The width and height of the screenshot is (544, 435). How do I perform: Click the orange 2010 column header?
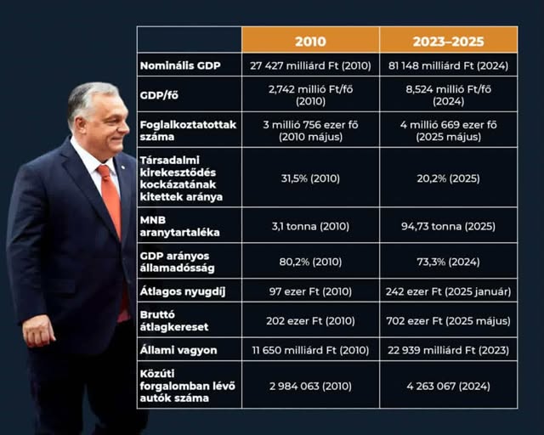click(310, 41)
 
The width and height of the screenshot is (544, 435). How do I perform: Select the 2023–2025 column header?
click(448, 41)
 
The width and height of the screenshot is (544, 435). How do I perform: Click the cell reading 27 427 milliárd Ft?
click(310, 65)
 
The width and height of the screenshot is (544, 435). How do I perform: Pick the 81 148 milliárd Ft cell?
click(448, 65)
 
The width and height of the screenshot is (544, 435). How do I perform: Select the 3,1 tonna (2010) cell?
click(310, 225)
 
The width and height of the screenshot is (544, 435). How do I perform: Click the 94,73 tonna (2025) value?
click(448, 225)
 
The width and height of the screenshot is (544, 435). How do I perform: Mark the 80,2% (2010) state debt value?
click(310, 261)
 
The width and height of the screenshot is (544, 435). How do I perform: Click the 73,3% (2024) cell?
click(448, 261)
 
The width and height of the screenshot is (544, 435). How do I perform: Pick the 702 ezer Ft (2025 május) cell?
click(448, 319)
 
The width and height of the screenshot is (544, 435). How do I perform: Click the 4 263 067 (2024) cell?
click(448, 386)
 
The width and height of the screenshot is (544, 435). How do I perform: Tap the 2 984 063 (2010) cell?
click(310, 386)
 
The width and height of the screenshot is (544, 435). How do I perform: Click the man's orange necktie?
click(111, 204)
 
